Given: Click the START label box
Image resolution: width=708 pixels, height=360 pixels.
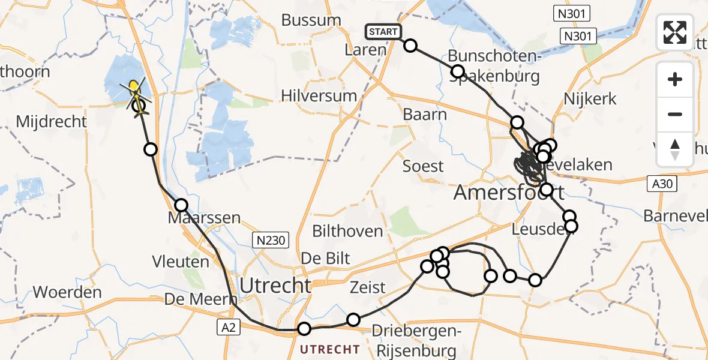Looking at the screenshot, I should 382,31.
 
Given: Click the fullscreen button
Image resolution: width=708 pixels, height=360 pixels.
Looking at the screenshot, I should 675,32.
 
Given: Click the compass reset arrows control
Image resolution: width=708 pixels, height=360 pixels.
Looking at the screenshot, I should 675,149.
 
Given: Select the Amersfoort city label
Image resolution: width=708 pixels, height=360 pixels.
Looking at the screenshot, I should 509,193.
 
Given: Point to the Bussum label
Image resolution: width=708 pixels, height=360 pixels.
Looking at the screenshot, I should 311,20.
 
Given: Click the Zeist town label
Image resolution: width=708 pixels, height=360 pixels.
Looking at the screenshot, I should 368,287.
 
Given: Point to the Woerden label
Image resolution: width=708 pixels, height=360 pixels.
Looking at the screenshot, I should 67,292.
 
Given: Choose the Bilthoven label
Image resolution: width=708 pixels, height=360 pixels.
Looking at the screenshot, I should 347,231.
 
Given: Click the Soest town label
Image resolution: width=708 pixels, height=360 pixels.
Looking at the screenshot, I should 423,166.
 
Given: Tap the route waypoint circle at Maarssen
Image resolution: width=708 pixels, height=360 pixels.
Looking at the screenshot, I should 182,205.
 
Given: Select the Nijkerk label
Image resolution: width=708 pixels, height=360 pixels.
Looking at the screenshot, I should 590,98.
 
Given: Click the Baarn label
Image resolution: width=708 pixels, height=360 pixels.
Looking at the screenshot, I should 425,114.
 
